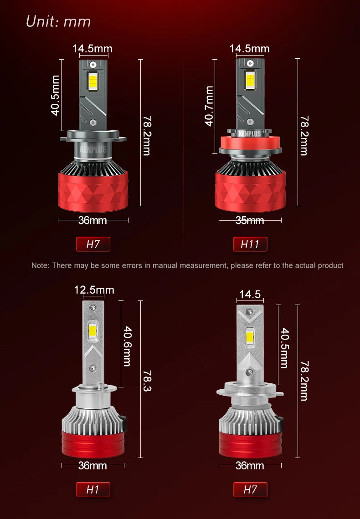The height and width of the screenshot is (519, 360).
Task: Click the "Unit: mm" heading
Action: pyautogui.click(x=58, y=21)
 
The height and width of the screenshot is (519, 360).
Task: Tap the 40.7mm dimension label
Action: pyautogui.click(x=209, y=106)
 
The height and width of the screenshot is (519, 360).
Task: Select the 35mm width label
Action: pyautogui.click(x=250, y=220)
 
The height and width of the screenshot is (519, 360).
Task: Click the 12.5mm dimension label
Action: pyautogui.click(x=94, y=290)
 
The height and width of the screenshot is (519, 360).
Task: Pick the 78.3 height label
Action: pyautogui.click(x=147, y=381)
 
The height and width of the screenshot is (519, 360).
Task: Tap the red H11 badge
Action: pyautogui.click(x=250, y=244)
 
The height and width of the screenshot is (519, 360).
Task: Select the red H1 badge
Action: pyautogui.click(x=93, y=489)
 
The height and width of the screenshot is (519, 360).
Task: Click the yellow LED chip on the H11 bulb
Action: pyautogui.click(x=250, y=80)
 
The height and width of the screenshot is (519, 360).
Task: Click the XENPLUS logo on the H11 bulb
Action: pyautogui.click(x=250, y=134)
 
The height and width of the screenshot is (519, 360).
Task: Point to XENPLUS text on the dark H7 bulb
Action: pyautogui.click(x=93, y=149)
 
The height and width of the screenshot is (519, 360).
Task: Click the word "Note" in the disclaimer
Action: pyautogui.click(x=40, y=265)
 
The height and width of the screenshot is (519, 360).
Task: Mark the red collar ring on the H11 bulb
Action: pyautogui.click(x=250, y=143)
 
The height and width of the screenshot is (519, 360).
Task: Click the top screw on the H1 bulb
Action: pyautogui.click(x=93, y=308)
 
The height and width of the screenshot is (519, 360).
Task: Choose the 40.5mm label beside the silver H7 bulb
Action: pyautogui.click(x=284, y=348)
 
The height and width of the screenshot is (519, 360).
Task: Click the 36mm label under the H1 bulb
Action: pyautogui.click(x=93, y=466)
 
